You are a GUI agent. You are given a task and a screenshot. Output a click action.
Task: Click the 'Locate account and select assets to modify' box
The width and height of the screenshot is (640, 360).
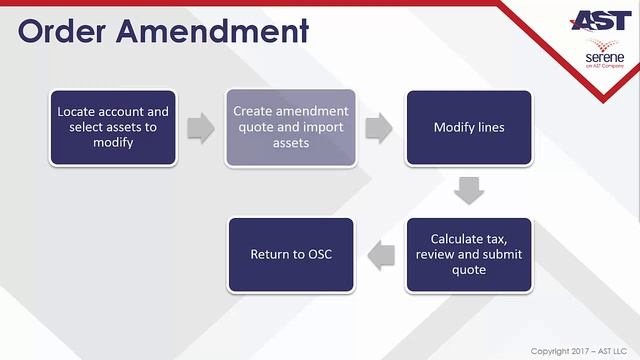click(x=113, y=128)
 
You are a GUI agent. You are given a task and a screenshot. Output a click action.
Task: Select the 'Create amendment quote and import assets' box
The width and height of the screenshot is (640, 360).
click(x=291, y=128)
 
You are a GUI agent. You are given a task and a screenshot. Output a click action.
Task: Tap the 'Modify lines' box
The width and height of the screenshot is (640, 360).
click(x=468, y=128)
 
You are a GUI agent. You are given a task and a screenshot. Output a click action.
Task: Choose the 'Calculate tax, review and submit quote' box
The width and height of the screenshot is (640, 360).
click(x=468, y=254)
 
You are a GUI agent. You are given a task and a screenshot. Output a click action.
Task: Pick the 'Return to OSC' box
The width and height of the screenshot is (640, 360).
click(x=291, y=254)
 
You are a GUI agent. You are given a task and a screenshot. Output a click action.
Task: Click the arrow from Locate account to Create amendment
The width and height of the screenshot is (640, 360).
click(x=201, y=128)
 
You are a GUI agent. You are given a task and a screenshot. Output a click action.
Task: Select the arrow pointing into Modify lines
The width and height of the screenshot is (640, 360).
click(x=378, y=128)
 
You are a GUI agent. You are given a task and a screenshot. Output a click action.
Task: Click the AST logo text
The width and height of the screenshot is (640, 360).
click(x=599, y=21)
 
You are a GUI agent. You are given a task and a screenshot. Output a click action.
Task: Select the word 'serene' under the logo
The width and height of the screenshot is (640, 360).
click(x=604, y=58)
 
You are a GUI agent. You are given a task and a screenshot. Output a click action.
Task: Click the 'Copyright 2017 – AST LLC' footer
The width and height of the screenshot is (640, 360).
click(x=579, y=351)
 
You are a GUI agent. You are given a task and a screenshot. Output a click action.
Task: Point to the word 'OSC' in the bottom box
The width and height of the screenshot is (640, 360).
click(x=316, y=254)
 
